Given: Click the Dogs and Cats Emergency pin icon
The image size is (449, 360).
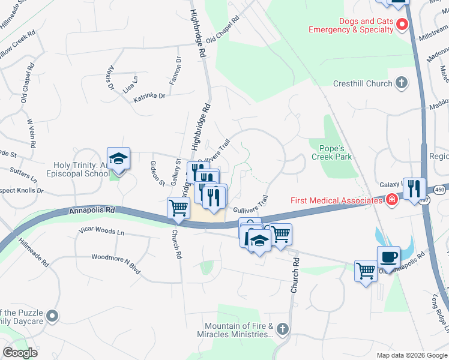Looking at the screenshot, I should pyautogui.click(x=403, y=24).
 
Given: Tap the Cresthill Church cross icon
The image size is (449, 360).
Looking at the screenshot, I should pyautogui.click(x=402, y=83).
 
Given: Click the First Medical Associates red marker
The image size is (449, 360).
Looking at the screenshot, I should pyautogui.click(x=392, y=200).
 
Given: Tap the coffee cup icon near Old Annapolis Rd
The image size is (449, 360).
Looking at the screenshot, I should pyautogui.click(x=388, y=257).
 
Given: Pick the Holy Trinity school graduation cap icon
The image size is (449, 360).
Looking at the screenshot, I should pyautogui.click(x=119, y=158).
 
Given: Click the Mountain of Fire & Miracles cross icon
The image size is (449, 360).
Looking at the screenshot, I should pyautogui.click(x=283, y=329).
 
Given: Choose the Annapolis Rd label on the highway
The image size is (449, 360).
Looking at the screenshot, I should pyautogui.click(x=91, y=211).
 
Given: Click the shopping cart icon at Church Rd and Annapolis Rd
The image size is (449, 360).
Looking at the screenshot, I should pyautogui.click(x=179, y=208).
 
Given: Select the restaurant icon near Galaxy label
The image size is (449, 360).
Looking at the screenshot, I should pyautogui.click(x=414, y=188).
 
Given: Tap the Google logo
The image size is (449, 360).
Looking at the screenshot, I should pyautogui.click(x=20, y=353).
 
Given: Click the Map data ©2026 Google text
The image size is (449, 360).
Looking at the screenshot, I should pyautogui.click(x=411, y=355).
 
